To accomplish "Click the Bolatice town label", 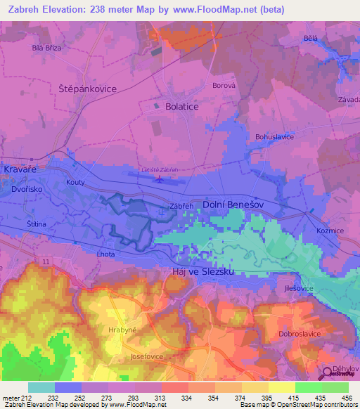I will click(181, 106).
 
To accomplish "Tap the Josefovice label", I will click(146, 356).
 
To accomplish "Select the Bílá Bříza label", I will click(47, 48).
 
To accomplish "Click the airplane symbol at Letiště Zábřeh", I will click(160, 178).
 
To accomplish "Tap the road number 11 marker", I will click(45, 261).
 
